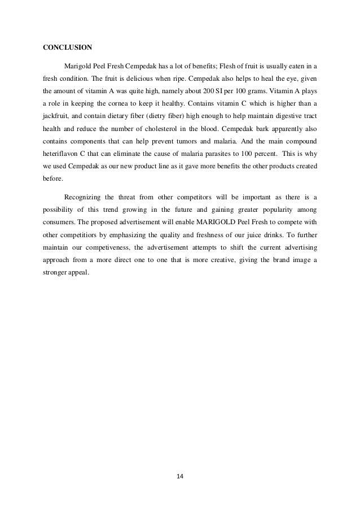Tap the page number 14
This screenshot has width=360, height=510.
tap(180, 476)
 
